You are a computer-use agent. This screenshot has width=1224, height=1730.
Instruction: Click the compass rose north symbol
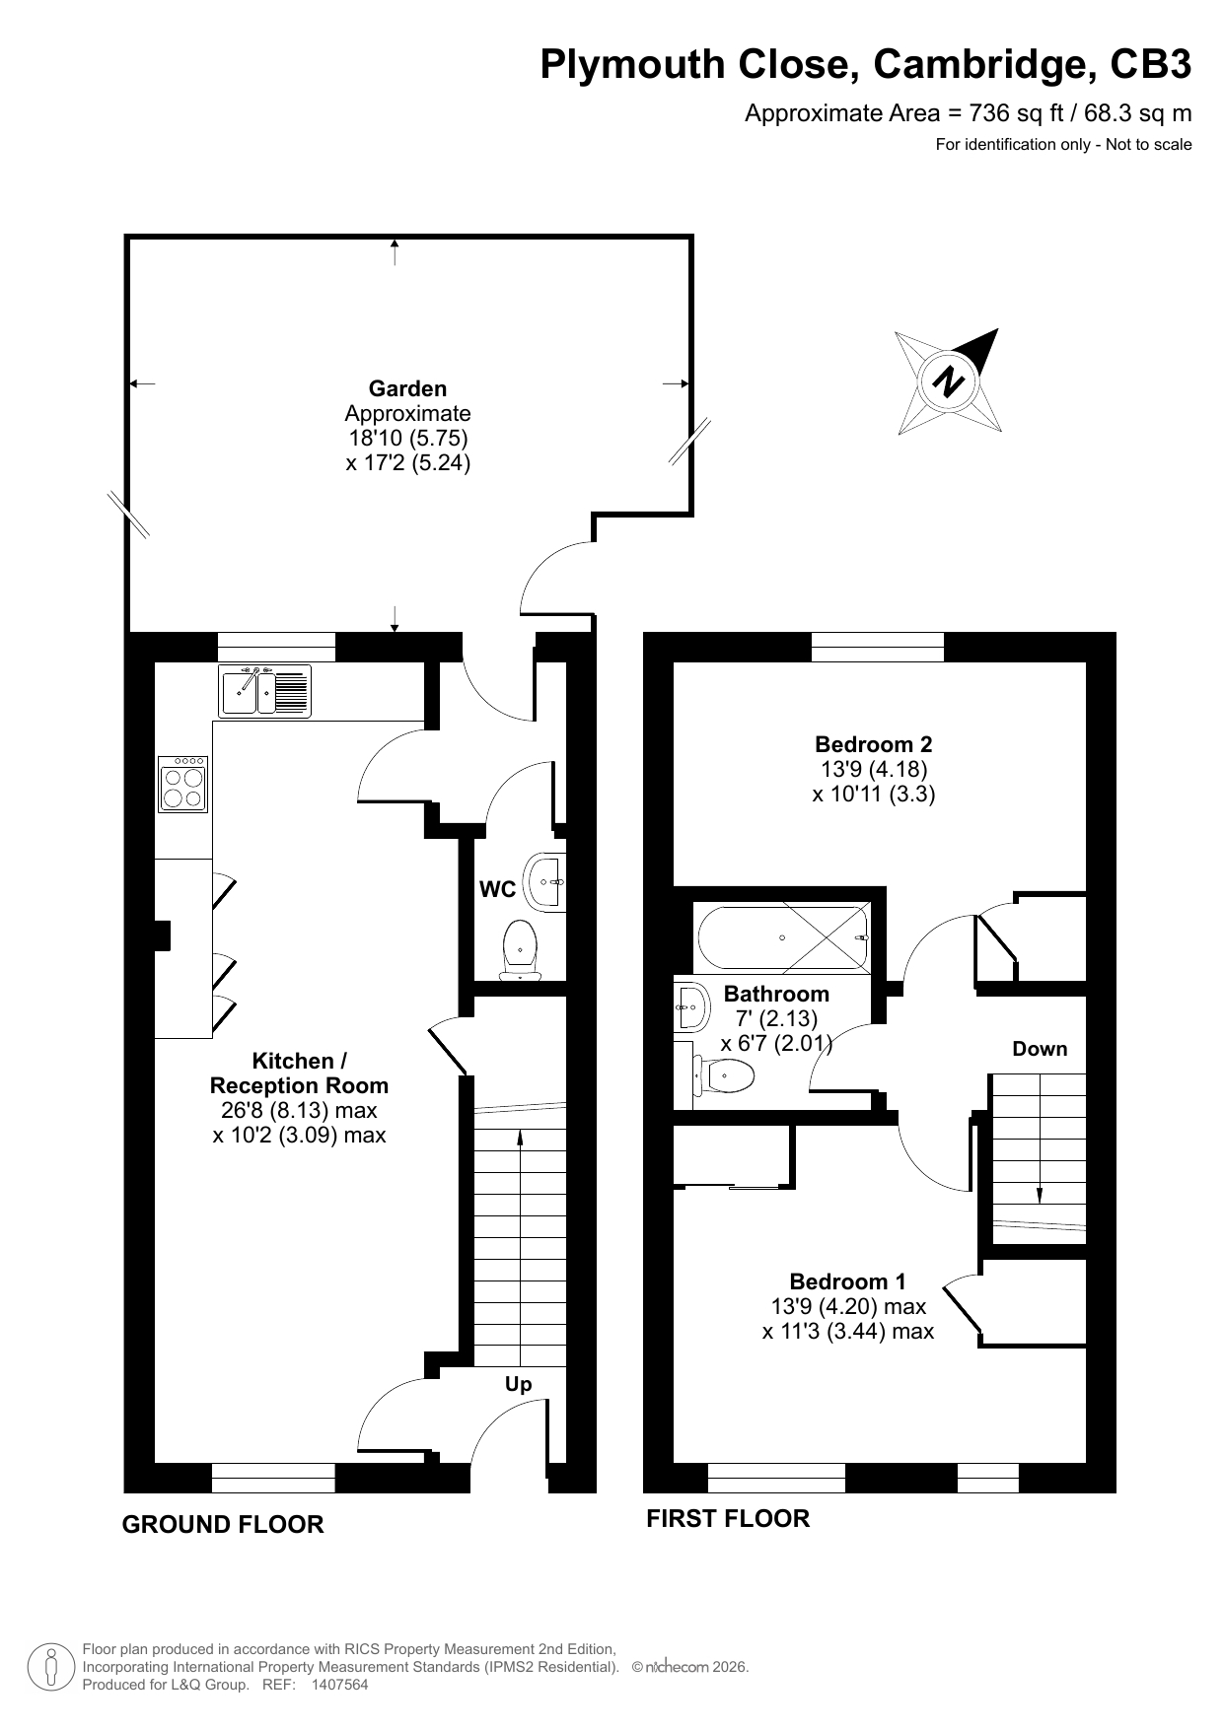[949, 381]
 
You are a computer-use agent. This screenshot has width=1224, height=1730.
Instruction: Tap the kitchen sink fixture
[264, 690]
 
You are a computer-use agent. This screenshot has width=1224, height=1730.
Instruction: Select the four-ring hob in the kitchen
[182, 784]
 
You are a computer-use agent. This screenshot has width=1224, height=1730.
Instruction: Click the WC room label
[497, 889]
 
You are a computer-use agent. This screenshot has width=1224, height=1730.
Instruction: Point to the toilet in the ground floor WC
[520, 950]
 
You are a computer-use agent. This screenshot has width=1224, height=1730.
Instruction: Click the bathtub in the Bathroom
[782, 937]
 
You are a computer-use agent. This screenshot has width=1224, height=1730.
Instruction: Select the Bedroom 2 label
[874, 744]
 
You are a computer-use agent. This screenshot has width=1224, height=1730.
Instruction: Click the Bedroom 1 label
[848, 1281]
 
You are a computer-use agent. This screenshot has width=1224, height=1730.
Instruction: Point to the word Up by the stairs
[519, 1385]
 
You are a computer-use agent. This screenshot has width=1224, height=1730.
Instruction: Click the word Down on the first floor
[1040, 1049]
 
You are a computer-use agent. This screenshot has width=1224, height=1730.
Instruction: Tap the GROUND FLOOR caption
[223, 1524]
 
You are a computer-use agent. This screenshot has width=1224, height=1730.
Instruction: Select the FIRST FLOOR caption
[728, 1518]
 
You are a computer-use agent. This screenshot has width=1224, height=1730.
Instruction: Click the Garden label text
[407, 388]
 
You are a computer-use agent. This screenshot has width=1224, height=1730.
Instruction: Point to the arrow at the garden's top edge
[396, 252]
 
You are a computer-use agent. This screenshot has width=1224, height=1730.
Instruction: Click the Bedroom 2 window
[878, 647]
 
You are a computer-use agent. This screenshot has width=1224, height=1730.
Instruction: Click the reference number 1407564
[339, 1685]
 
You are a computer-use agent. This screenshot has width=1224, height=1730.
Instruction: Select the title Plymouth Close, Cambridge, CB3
[866, 65]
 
